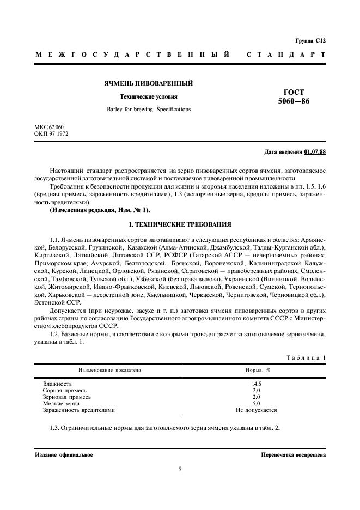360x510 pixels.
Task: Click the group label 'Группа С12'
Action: [x=310, y=40]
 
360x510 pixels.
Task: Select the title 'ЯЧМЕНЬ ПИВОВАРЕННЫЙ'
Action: [x=149, y=83]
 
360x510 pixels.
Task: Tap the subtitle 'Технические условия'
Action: [x=149, y=97]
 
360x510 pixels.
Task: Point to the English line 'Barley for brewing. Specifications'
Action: [x=149, y=109]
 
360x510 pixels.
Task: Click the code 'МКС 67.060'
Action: [x=48, y=127]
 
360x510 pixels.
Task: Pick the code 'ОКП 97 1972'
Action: [x=51, y=133]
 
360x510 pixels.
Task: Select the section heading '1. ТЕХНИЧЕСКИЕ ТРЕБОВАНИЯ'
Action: [x=180, y=224]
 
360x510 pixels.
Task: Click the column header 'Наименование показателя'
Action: [x=109, y=369]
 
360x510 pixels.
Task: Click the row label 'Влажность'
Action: [x=57, y=384]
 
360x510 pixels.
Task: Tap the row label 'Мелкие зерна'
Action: [x=61, y=403]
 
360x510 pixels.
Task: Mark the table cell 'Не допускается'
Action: [x=256, y=410]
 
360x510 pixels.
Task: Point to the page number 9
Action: [x=180, y=469]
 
